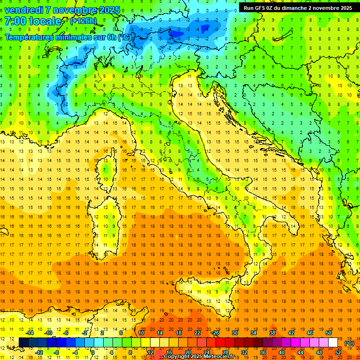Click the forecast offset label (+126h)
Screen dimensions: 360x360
[83, 21]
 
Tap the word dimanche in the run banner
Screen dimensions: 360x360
[293, 8]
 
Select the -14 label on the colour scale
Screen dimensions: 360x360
[30, 333]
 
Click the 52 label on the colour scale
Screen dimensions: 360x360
[338, 352]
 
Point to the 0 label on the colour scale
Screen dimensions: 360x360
[93, 352]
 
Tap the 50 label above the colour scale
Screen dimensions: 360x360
[329, 333]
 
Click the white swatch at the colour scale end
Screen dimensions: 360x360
[333, 343]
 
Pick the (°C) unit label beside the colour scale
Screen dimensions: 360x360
[349, 343]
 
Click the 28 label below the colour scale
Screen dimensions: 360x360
[225, 352]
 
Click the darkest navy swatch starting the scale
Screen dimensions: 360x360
[23, 343]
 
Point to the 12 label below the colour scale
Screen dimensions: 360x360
[150, 352]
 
